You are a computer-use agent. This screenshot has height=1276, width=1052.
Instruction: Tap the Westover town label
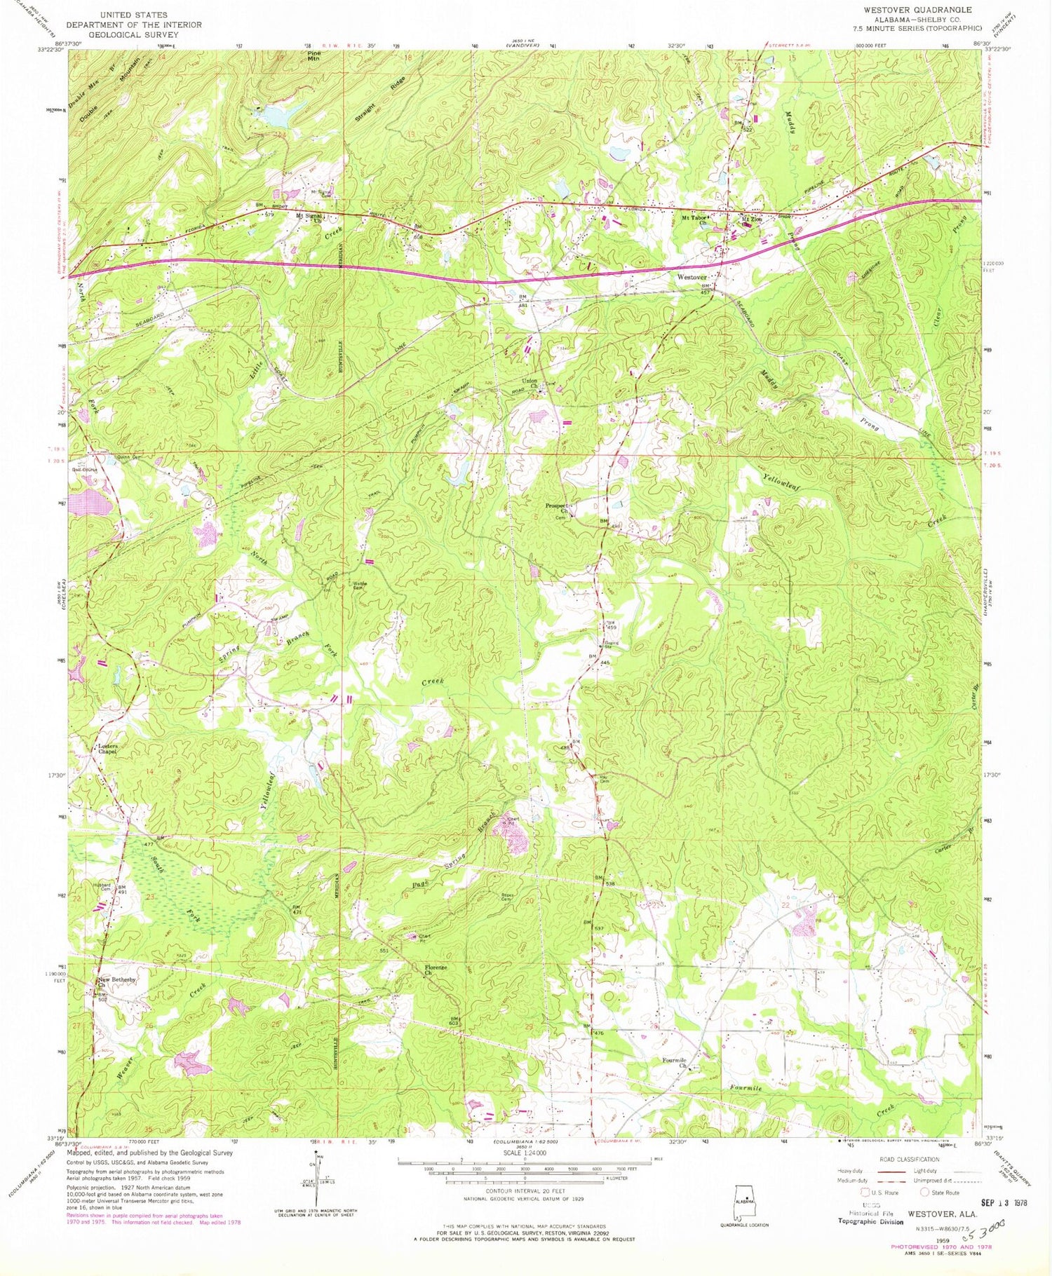(x=692, y=278)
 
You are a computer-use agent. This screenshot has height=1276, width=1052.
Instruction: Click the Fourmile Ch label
(x=675, y=1063)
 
